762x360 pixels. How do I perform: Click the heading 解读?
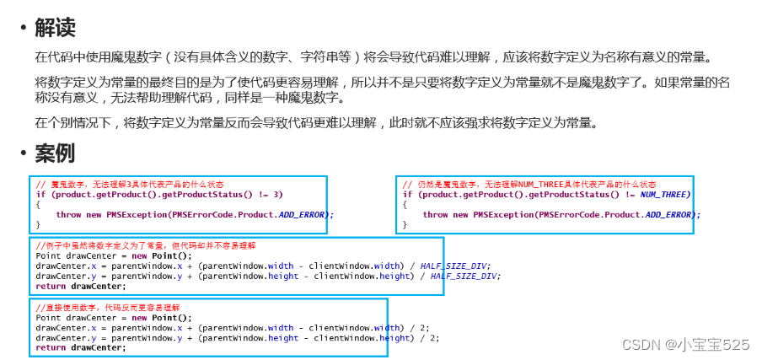(55, 28)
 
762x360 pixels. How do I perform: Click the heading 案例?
(55, 153)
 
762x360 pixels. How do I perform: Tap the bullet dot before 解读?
(23, 29)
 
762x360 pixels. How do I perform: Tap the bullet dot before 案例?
(23, 154)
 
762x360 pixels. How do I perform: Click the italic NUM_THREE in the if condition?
(664, 194)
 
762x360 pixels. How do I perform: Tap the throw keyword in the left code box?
(68, 214)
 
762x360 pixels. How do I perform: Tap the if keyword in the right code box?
(408, 194)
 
